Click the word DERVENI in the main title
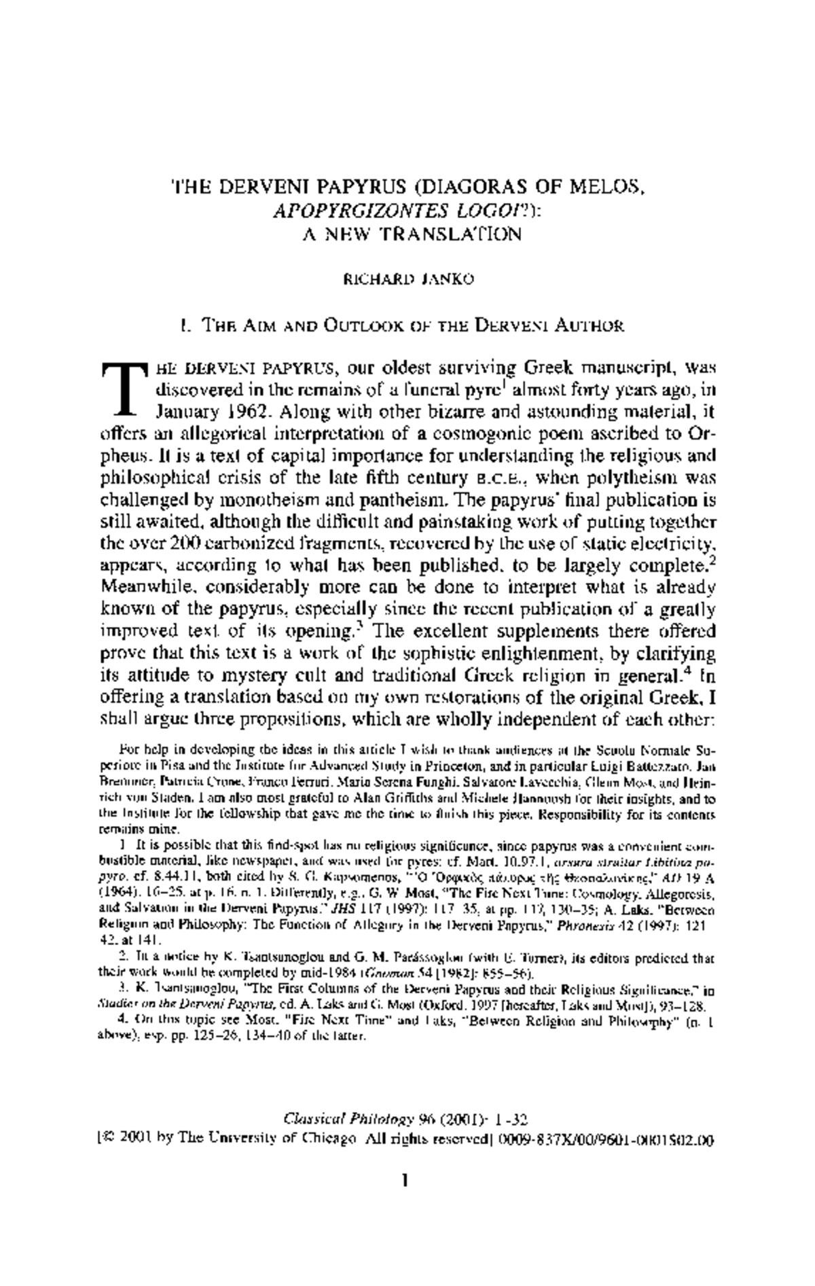(257, 186)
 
